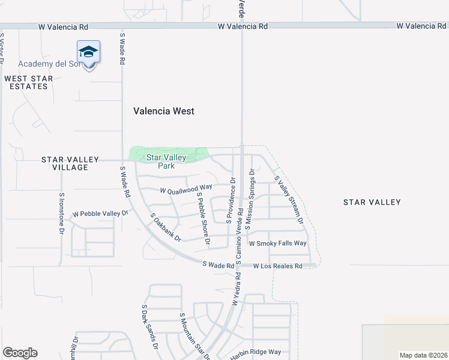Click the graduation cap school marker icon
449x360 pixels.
(x=88, y=53)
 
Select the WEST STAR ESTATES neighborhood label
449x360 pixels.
(x=28, y=83)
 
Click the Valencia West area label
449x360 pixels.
(x=163, y=111)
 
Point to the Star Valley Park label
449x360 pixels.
(x=166, y=162)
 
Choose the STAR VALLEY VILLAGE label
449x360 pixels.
(x=70, y=163)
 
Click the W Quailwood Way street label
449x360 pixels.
(x=186, y=190)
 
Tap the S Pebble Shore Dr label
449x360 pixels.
(x=203, y=222)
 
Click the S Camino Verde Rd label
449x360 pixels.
(x=240, y=238)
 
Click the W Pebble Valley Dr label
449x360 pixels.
(x=101, y=213)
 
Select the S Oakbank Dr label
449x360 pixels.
(x=165, y=227)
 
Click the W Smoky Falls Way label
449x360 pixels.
(x=278, y=243)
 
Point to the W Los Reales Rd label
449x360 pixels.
(x=277, y=266)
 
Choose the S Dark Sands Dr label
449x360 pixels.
(x=149, y=328)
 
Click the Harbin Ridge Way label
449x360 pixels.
(x=255, y=352)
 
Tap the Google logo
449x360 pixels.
(x=20, y=353)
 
